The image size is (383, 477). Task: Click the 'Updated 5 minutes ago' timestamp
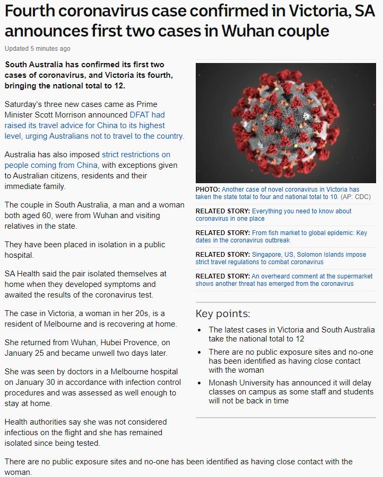pos(37,49)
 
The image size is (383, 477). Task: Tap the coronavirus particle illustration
pos(285,123)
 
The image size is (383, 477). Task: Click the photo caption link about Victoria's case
pos(290,193)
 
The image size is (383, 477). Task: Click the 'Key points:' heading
pos(223,313)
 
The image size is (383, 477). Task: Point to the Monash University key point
pos(291,392)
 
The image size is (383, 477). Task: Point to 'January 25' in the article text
pos(26,353)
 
